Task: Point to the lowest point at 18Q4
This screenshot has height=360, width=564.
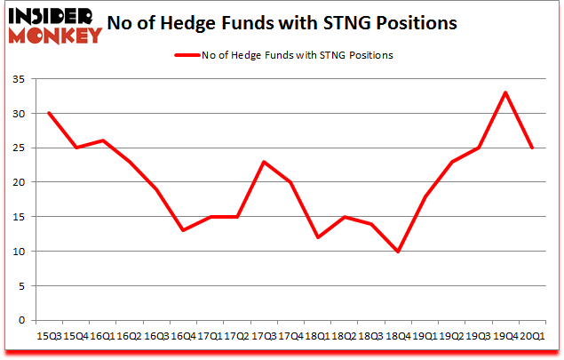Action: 398,251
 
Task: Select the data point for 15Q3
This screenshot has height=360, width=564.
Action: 48,113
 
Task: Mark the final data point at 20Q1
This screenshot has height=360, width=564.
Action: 532,148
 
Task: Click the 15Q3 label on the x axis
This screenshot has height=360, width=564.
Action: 48,335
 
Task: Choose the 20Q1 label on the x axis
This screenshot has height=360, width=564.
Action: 532,335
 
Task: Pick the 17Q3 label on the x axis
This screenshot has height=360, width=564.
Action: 264,335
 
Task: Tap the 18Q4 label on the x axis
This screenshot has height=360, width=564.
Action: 398,335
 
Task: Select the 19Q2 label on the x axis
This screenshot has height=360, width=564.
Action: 451,335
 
